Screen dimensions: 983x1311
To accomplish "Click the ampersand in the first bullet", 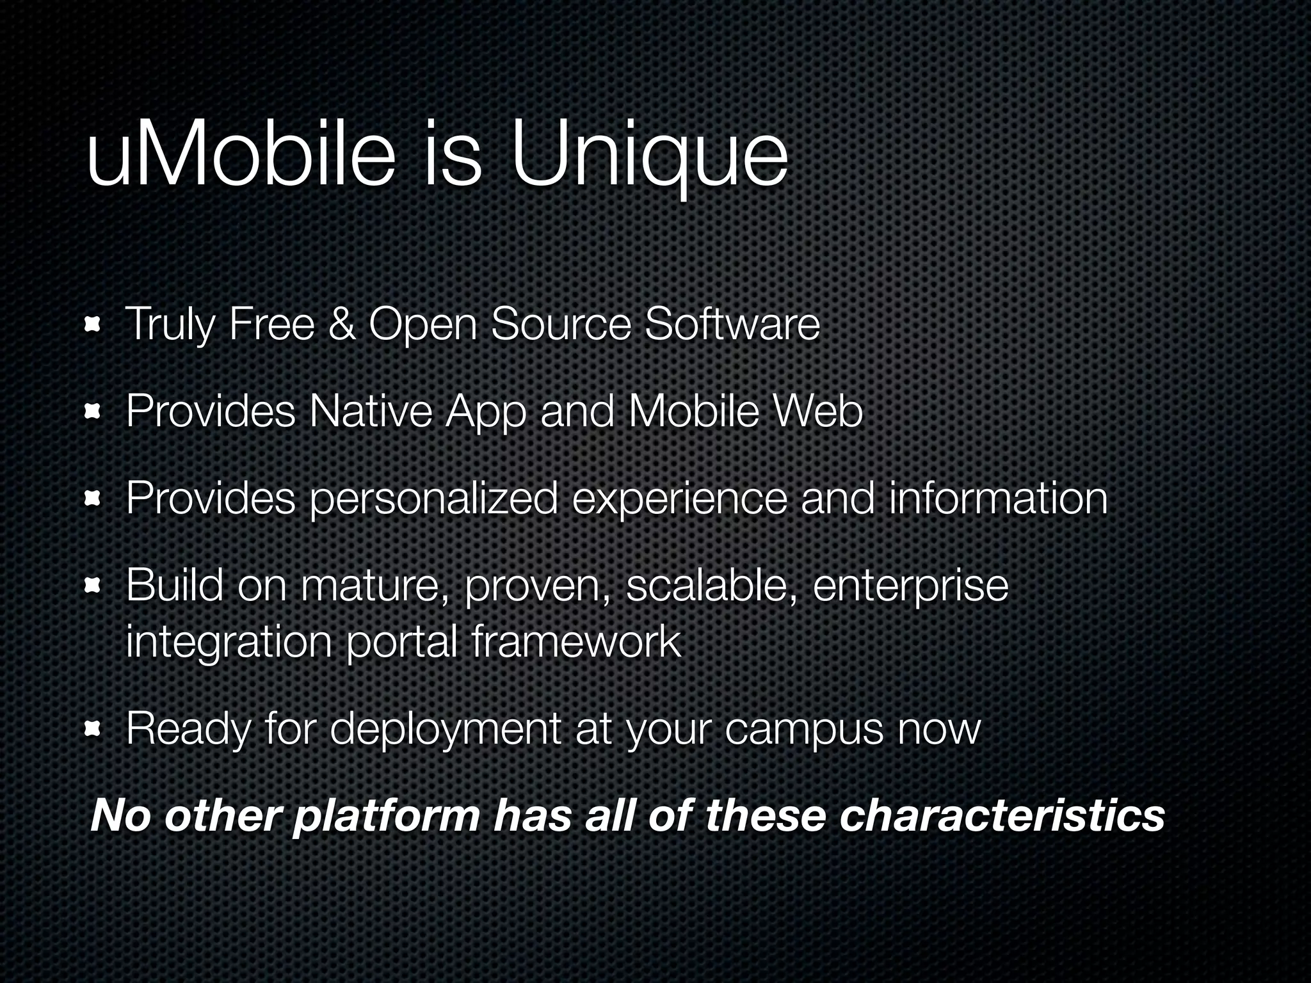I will (341, 324).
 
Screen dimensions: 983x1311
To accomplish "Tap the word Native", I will (370, 411).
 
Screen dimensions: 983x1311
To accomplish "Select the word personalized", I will (433, 499).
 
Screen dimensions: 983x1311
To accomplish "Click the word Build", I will (174, 584).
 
